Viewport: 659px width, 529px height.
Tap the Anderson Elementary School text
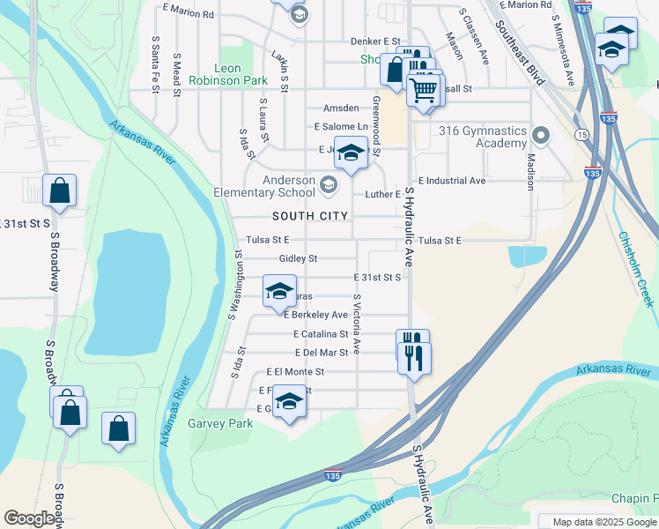[264, 186]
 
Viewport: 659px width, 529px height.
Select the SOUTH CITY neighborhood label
[309, 216]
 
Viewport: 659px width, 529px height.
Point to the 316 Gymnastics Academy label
[484, 137]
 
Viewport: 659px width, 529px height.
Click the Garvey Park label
[220, 423]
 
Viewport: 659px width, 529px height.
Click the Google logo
[29, 518]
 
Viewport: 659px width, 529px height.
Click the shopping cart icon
[425, 89]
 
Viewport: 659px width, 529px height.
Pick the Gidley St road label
[298, 258]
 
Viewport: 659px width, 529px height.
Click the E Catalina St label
[321, 334]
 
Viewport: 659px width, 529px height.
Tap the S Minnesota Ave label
[566, 49]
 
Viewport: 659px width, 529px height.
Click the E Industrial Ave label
[452, 181]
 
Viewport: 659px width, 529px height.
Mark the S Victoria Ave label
[357, 324]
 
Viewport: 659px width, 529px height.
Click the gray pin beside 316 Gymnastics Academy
[540, 136]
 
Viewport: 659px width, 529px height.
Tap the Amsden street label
[341, 108]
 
